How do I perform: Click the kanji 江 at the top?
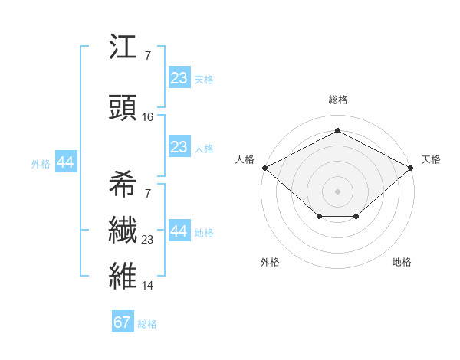pyautogui.click(x=123, y=48)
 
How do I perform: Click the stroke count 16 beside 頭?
pyautogui.click(x=148, y=117)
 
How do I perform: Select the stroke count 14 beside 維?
pyautogui.click(x=148, y=286)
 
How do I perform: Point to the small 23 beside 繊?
pyautogui.click(x=148, y=241)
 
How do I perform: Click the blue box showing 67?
pyautogui.click(x=123, y=322)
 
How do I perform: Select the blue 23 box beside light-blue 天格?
pyautogui.click(x=179, y=77)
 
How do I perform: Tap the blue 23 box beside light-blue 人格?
pyautogui.click(x=179, y=147)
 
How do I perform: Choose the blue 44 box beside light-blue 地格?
pyautogui.click(x=179, y=231)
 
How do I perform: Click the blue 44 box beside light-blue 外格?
pyautogui.click(x=65, y=162)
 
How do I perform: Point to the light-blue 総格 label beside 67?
pyautogui.click(x=147, y=324)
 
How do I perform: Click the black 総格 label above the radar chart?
pyautogui.click(x=337, y=100)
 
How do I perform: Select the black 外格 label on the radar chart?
pyautogui.click(x=270, y=262)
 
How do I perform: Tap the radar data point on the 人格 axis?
pyautogui.click(x=264, y=167)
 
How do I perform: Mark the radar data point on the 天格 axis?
pyautogui.click(x=411, y=167)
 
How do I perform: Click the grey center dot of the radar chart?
pyautogui.click(x=337, y=191)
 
